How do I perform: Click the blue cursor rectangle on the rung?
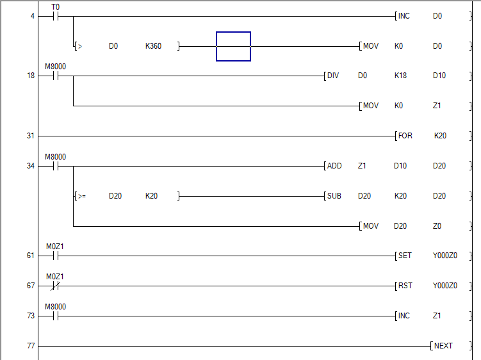(x=233, y=46)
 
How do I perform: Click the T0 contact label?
(x=55, y=6)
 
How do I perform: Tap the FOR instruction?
(x=405, y=136)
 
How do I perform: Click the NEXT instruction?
(x=443, y=346)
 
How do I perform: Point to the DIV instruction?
(x=333, y=76)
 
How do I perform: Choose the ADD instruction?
(x=334, y=166)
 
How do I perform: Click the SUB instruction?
(x=334, y=196)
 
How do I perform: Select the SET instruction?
(x=405, y=256)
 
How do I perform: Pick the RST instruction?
(x=405, y=286)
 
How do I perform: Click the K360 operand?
(x=153, y=46)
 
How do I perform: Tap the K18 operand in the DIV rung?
(x=400, y=76)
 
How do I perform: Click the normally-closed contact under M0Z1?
(x=55, y=286)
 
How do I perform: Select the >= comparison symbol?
(x=82, y=196)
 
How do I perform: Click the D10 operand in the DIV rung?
(x=439, y=76)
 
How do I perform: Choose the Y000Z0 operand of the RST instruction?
(x=445, y=286)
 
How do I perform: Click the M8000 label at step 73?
(x=55, y=307)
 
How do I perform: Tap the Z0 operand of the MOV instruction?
(x=437, y=226)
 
